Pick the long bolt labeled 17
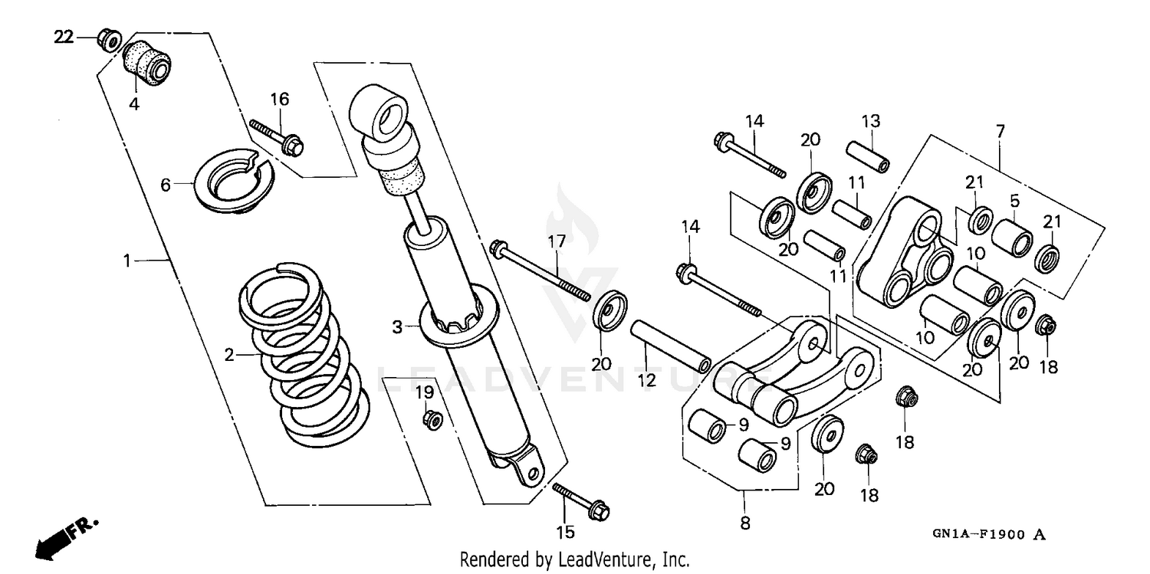(541, 272)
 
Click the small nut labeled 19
(432, 419)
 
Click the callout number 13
(870, 121)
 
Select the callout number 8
(745, 524)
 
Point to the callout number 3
(397, 328)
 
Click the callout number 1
(127, 261)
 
